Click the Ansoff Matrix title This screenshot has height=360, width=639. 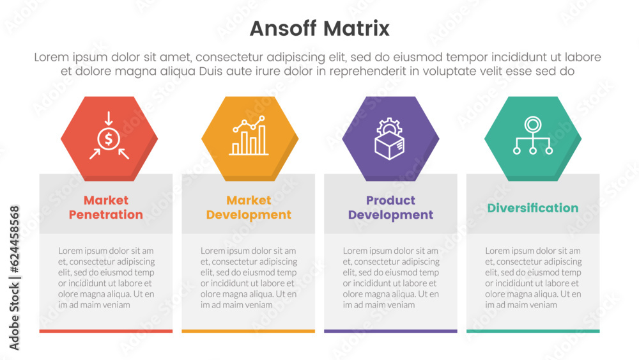(x=319, y=29)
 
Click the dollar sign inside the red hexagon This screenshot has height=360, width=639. (x=109, y=138)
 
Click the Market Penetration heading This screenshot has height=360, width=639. (x=106, y=208)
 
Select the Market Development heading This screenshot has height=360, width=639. (x=249, y=208)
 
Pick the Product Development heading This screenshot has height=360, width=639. (x=390, y=208)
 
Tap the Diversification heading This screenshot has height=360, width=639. (x=532, y=208)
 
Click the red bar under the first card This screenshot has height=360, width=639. (x=106, y=331)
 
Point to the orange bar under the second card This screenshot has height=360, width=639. (x=249, y=331)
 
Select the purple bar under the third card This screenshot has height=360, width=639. (x=390, y=331)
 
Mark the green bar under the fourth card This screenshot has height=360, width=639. (x=533, y=331)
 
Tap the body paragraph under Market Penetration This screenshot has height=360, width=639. (x=106, y=278)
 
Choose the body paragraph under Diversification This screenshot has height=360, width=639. (x=533, y=278)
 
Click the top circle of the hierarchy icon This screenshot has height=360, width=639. (x=532, y=124)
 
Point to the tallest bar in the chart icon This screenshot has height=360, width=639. (x=262, y=141)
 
